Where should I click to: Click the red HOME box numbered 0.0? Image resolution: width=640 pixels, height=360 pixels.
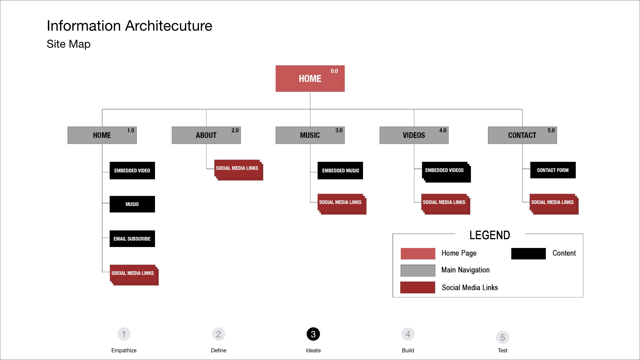coord(310,79)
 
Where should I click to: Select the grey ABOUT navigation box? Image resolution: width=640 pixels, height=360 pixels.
coord(206,135)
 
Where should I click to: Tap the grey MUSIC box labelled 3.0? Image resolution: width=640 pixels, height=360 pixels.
coord(310,135)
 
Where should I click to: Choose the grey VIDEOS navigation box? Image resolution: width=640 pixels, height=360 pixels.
coord(414,135)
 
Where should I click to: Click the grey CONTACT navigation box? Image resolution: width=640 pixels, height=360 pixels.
coord(522,135)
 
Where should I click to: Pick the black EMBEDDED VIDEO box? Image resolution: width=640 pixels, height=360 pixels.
coord(132,171)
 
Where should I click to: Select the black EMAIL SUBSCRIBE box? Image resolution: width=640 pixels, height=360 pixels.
coord(132,239)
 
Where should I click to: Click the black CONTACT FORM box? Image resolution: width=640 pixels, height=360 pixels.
coord(553,170)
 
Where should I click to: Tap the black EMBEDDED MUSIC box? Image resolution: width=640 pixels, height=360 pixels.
coord(340,171)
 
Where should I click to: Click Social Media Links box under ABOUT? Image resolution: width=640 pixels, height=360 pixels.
coord(238,169)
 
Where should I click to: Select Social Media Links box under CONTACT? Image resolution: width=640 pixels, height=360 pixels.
coord(553,203)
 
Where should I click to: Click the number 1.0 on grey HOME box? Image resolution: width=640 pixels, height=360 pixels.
coord(130,130)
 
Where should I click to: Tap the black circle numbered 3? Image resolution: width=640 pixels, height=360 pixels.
coord(313,334)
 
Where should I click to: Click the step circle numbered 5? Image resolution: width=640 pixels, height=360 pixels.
coord(502,337)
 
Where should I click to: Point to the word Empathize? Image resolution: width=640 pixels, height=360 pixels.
coord(124,350)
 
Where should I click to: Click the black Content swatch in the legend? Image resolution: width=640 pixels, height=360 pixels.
coord(528,254)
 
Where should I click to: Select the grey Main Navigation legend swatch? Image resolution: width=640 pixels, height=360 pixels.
coord(418,270)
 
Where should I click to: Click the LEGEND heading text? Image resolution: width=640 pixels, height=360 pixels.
coord(490,235)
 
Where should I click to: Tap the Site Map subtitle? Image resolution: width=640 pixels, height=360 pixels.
coord(69,44)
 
